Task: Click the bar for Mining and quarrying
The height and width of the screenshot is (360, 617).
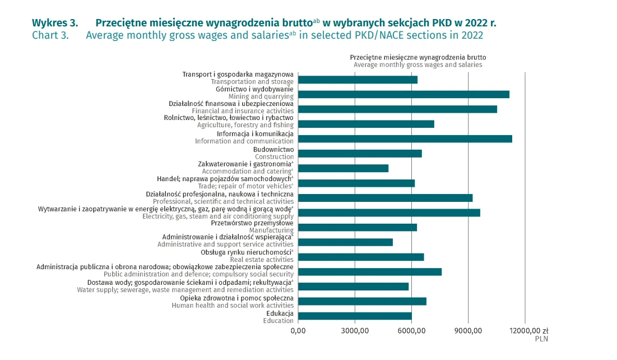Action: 403,94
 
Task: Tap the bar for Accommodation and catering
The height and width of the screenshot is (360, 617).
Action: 343,168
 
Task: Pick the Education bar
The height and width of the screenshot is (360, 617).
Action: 355,316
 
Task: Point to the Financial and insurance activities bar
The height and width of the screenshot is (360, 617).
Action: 397,109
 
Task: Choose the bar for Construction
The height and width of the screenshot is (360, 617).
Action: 360,154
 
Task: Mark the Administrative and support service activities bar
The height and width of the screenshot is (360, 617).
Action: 345,242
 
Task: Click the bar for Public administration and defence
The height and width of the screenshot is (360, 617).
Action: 370,272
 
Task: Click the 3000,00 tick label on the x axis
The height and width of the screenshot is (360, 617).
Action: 355,331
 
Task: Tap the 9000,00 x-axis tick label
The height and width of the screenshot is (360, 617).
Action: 468,331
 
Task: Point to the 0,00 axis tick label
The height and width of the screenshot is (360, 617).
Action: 298,331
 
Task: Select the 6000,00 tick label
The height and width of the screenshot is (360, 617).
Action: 411,331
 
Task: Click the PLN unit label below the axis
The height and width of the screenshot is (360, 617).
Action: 541,339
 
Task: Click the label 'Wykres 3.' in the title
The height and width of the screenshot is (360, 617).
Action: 55,23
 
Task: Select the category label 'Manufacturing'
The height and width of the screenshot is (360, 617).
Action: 271,230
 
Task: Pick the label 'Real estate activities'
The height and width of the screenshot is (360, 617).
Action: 262,260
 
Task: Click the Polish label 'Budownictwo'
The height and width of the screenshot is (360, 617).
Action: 273,150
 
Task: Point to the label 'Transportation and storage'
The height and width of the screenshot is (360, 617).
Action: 252,82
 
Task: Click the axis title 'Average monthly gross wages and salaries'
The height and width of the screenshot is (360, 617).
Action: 417,64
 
